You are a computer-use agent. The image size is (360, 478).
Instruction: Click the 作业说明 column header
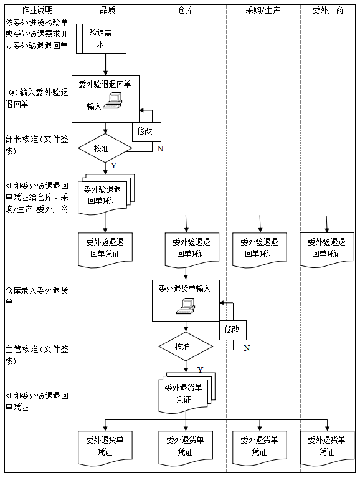point(37,10)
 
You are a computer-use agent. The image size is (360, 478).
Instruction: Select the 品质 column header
point(108,10)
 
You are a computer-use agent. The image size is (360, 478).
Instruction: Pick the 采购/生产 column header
point(262,10)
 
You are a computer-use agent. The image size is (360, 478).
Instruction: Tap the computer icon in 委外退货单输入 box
point(186,305)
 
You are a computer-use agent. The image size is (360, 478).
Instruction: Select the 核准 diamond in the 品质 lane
point(105,148)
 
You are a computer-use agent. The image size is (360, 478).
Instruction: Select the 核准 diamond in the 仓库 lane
point(185,346)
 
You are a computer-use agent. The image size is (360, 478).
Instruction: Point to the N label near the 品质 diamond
point(160,149)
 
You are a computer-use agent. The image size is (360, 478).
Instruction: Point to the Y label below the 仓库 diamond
point(200,370)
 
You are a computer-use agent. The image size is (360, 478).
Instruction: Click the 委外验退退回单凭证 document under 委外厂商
point(327,249)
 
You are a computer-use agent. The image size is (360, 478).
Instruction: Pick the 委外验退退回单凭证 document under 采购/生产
point(259,249)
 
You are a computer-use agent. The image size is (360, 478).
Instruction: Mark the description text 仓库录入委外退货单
point(36,295)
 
